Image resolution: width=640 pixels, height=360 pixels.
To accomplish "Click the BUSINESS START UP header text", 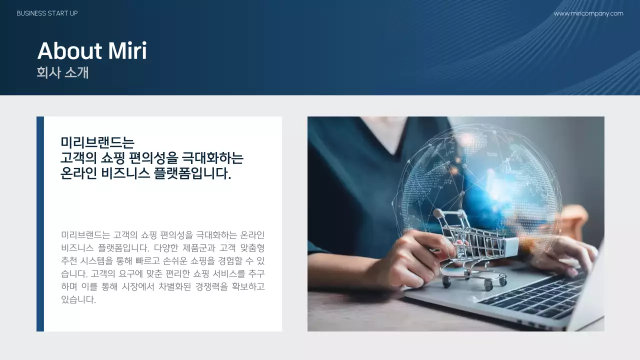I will coord(47,13).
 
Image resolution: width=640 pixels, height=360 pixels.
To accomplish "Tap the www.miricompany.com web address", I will coord(588,13).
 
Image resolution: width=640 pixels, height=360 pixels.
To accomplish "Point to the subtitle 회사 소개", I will coord(62,72).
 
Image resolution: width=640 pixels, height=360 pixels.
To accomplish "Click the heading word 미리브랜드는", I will coord(97,142).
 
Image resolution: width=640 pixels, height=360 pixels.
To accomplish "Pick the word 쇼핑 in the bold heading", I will coord(111,158).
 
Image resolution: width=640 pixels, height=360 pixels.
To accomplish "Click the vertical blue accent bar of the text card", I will coord(40,223).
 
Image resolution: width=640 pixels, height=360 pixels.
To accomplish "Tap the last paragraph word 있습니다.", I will coord(78,300).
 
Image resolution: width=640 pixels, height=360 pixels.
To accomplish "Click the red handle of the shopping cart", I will coord(438,213).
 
